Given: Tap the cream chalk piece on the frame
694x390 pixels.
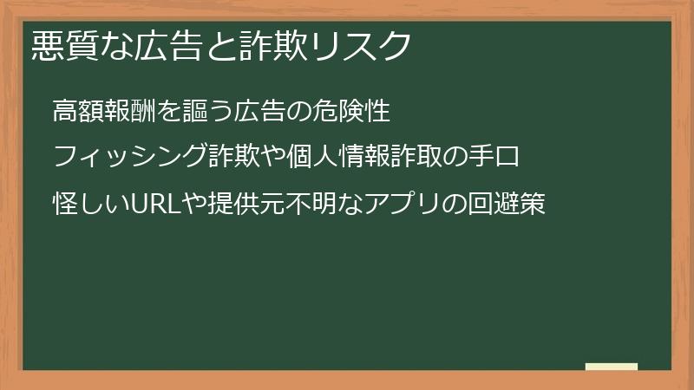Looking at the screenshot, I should coord(611,367).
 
